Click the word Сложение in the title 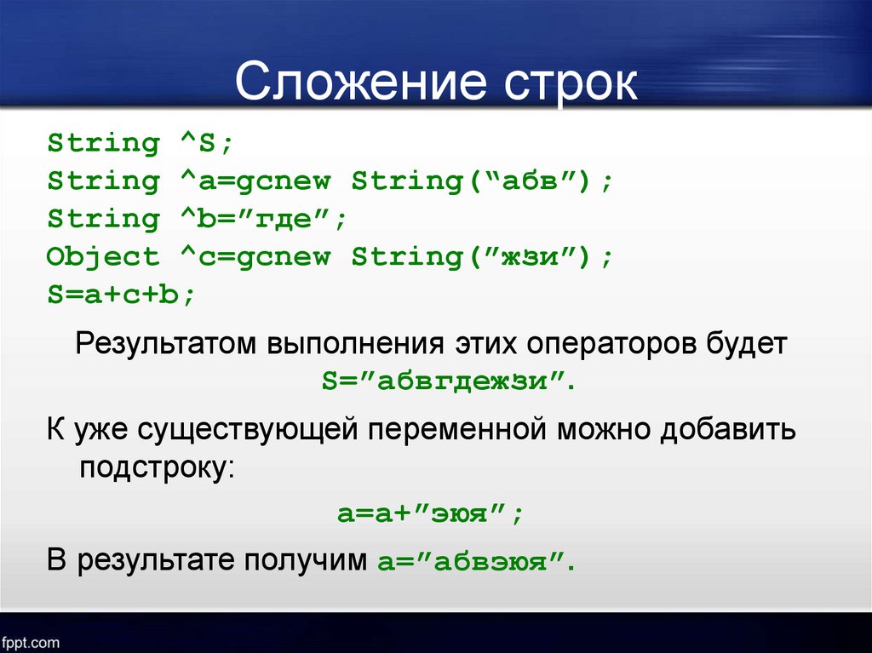click(361, 83)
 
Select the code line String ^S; click(140, 143)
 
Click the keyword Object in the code click(103, 256)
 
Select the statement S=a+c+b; click(121, 294)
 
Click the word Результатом click(166, 344)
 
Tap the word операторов click(611, 344)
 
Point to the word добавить click(727, 430)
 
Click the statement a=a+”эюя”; click(430, 513)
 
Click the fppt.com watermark click(30, 643)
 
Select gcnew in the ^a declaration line click(283, 181)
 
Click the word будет click(747, 344)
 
